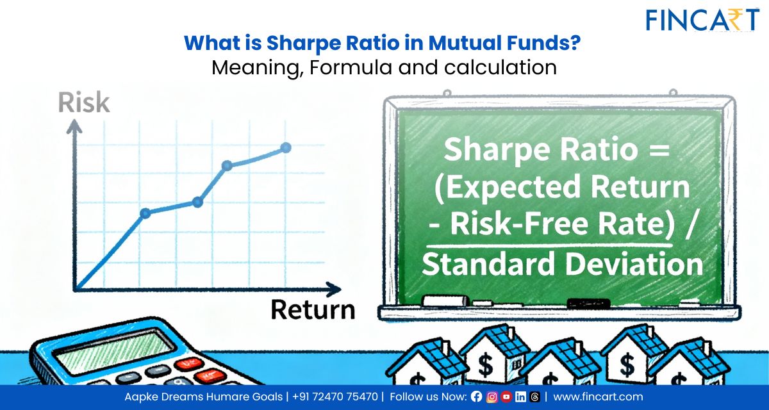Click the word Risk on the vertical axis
coord(84,103)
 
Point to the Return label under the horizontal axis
coord(313,309)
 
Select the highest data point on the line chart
coord(286,148)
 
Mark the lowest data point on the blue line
coord(145,213)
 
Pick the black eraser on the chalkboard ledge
coord(589,303)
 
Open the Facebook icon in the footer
coord(476,397)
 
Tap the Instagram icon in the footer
coord(492,397)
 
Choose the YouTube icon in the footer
coord(506,397)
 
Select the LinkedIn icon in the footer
coord(520,397)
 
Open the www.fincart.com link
coord(598,397)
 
